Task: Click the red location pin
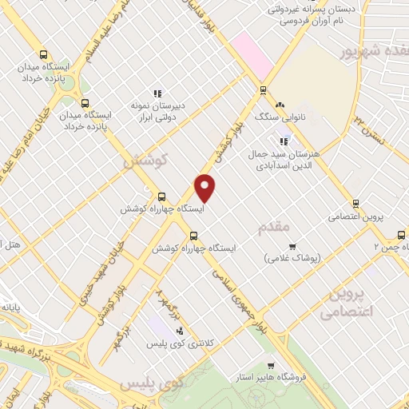[205, 187]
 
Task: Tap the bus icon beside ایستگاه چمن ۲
[401, 235]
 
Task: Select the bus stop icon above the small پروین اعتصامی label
[356, 203]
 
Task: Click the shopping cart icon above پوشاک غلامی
[292, 246]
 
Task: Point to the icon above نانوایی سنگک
[280, 105]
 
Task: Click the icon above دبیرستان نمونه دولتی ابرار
[157, 93]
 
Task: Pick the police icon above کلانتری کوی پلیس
[179, 330]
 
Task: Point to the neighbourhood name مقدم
[275, 229]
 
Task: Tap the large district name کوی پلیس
[152, 384]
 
